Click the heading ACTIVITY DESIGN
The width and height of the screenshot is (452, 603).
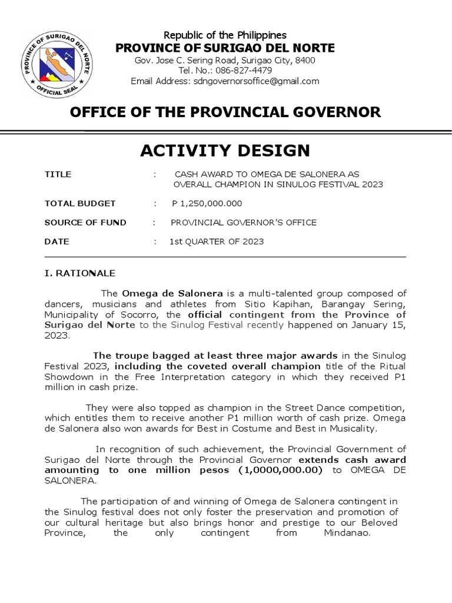[x=225, y=151]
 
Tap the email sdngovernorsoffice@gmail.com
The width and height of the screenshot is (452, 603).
[x=256, y=81]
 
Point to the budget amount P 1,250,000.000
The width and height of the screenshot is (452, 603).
[x=207, y=204]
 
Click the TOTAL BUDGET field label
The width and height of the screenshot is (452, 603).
[x=80, y=204]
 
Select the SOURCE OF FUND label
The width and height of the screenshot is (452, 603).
[x=85, y=223]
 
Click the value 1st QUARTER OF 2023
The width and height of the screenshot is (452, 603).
[x=217, y=241]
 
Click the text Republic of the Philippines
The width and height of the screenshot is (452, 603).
[x=225, y=36]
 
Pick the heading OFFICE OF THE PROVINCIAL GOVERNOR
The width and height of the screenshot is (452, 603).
[x=225, y=112]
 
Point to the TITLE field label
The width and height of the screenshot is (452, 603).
[x=58, y=174]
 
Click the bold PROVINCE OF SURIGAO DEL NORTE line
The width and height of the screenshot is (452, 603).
[x=225, y=48]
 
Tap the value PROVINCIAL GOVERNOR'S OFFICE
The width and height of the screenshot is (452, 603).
[x=243, y=223]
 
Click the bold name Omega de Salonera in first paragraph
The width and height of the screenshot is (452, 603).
[x=172, y=293]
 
